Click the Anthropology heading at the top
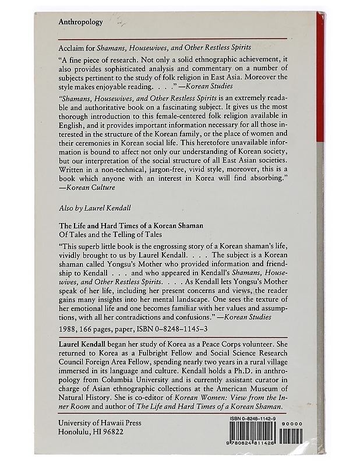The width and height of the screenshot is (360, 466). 81,22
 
